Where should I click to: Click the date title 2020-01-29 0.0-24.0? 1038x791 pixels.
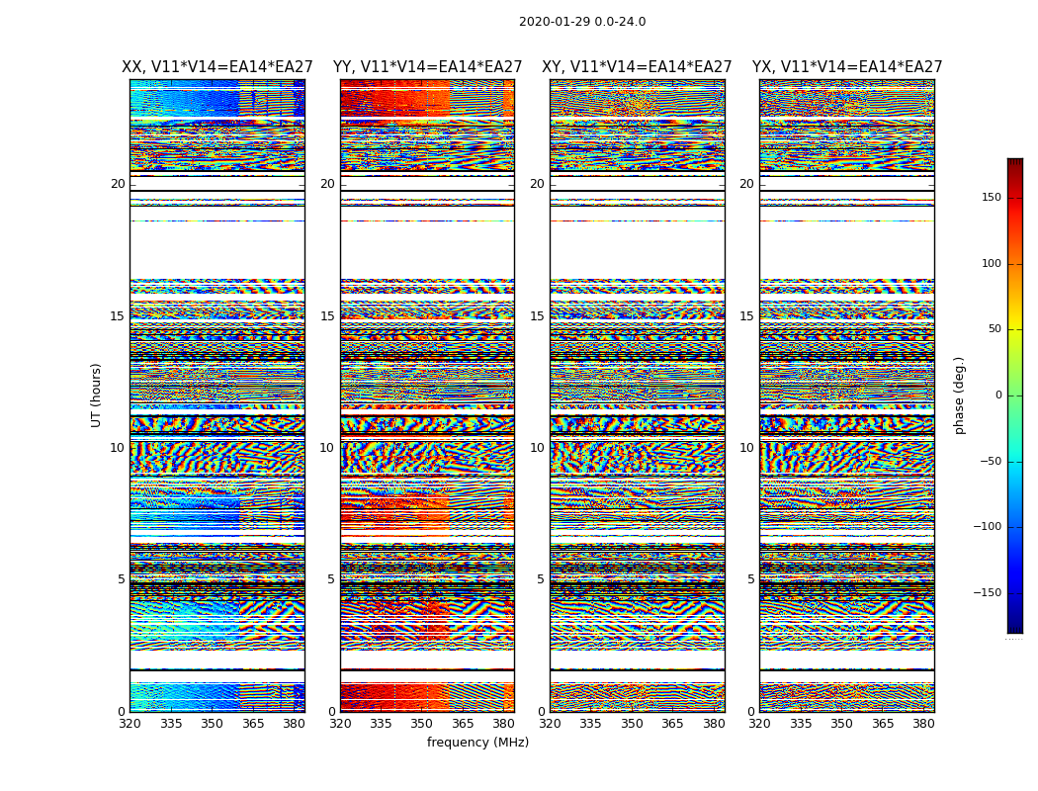(582, 22)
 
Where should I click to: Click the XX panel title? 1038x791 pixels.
(217, 67)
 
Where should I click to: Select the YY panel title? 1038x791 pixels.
(427, 67)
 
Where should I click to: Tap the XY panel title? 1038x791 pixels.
(637, 67)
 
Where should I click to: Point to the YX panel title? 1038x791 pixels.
(847, 67)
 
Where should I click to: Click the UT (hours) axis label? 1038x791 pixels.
(96, 395)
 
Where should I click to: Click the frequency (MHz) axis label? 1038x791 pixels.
(477, 743)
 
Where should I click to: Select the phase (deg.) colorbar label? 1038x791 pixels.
(960, 395)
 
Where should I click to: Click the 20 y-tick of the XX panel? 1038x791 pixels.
(118, 184)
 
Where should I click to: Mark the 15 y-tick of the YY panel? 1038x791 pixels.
(327, 316)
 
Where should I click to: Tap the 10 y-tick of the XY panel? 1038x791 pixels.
(537, 448)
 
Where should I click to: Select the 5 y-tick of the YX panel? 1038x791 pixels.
(750, 579)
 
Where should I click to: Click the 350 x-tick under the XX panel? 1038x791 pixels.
(212, 724)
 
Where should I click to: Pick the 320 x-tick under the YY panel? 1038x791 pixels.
(340, 724)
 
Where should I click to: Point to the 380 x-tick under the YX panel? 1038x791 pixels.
(923, 724)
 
